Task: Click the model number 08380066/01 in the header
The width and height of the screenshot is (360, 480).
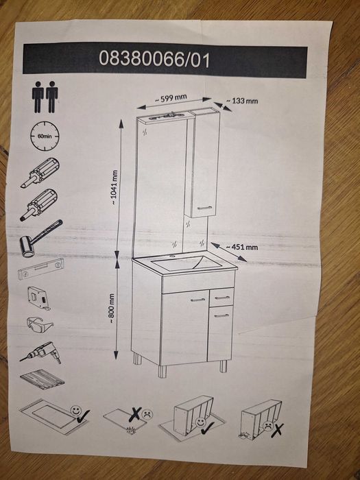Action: pos(154,59)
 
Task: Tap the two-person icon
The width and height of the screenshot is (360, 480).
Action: pos(45,97)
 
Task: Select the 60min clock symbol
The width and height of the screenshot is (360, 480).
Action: pos(45,136)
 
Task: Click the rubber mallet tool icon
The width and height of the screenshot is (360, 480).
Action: pos(40,238)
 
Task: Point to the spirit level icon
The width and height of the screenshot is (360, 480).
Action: pos(40,269)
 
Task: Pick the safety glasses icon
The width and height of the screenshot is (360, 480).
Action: pos(40,325)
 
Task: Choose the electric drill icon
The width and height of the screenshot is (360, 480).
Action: pos(40,353)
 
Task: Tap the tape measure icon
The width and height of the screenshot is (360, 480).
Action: pos(39,298)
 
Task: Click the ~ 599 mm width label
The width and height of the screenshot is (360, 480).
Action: pos(171,99)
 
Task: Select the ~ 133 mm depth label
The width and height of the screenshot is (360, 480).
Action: pos(242,101)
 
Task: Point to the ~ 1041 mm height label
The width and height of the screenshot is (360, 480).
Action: pos(114,187)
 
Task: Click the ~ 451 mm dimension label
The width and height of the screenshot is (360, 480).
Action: pos(242,247)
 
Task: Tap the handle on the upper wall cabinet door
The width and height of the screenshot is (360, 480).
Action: pos(204,208)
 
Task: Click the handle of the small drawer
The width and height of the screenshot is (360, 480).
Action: pos(222,298)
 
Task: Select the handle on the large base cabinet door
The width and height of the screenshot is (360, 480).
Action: pos(197,300)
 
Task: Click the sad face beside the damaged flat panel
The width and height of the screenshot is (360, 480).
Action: pos(147,414)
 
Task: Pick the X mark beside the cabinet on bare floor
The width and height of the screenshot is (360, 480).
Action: pos(277,430)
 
